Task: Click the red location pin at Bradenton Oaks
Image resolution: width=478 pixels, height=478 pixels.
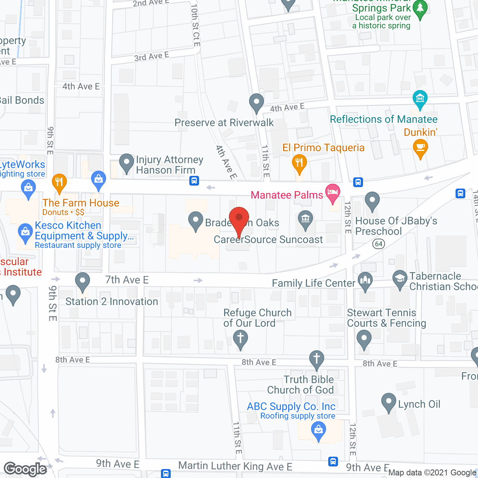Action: pos(239,218)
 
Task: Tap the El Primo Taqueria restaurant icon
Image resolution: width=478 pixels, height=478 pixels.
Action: pos(299,162)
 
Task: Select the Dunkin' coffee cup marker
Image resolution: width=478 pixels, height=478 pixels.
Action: pos(420,147)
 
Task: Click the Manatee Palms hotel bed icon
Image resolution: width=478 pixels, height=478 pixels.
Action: pos(332,192)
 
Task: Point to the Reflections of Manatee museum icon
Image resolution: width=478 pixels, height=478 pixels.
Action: pos(420,99)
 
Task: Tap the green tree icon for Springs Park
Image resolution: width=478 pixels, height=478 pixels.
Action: pos(420,9)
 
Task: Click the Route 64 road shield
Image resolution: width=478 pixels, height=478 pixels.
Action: pos(379,244)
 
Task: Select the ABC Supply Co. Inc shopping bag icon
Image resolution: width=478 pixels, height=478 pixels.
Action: pos(318,430)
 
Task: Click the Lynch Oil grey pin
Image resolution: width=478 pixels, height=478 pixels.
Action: pos(388,402)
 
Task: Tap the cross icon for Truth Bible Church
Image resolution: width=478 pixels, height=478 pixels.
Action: pos(317,358)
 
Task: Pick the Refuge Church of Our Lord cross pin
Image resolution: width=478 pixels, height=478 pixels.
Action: pos(240,339)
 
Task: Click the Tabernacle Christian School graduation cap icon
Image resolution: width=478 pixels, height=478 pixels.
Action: pos(400,278)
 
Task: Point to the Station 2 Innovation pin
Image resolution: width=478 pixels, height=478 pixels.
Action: pos(83,281)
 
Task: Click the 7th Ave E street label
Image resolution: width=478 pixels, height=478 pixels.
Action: pos(127,280)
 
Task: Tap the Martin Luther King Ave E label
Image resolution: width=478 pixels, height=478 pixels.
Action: pos(235,466)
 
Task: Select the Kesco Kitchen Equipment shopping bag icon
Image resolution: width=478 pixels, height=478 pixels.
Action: pos(25,232)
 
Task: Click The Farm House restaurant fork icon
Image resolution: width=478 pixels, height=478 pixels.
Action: pos(59,182)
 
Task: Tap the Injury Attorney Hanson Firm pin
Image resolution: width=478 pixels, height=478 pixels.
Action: pos(127,162)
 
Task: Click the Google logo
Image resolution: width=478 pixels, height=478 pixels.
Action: pos(25,469)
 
